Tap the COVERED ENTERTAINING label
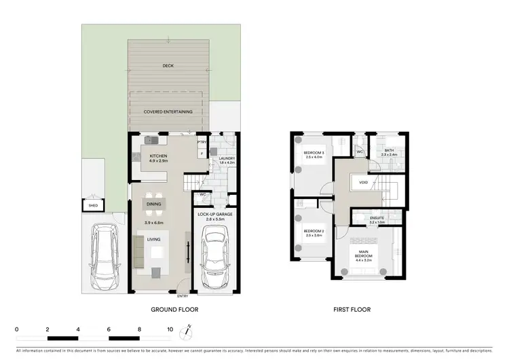pyautogui.click(x=168, y=111)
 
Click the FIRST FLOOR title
pyautogui.click(x=352, y=310)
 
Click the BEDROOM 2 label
pyautogui.click(x=313, y=232)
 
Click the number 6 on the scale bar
pyautogui.click(x=109, y=329)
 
